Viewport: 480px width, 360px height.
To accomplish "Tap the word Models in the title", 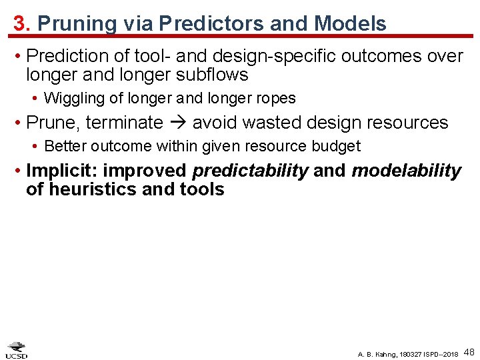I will [350, 24].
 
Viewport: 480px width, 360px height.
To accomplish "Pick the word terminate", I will [124, 123].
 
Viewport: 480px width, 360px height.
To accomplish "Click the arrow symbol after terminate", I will [177, 123].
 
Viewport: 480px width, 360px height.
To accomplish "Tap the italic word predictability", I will [250, 171].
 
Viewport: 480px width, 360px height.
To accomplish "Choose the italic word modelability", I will [406, 171].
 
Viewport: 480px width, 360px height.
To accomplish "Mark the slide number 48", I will [469, 351].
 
